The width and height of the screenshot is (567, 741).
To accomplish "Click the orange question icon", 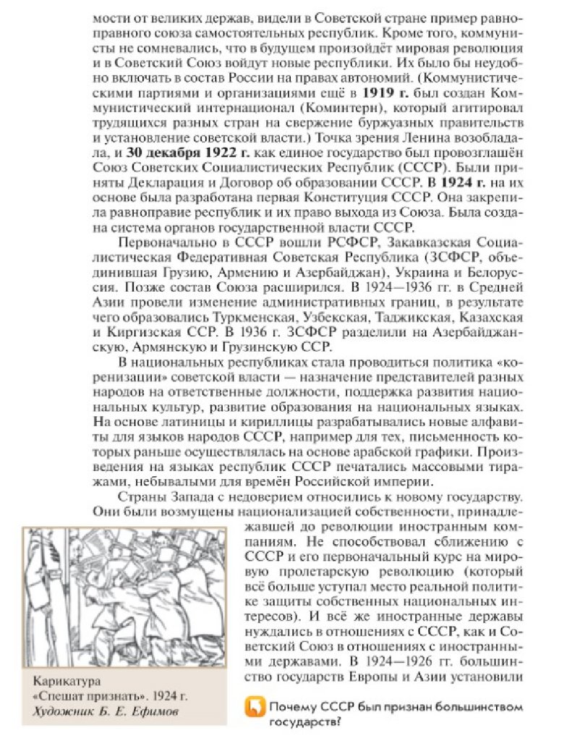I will [x=255, y=710].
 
